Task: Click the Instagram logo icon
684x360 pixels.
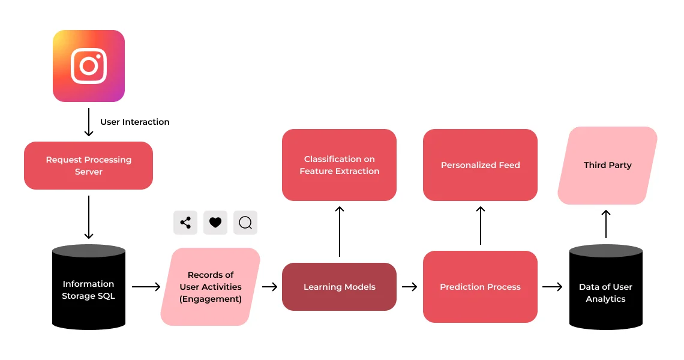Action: (89, 66)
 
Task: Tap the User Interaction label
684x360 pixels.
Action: (134, 122)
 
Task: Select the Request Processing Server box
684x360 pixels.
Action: (89, 166)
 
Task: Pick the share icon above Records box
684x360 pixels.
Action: (185, 223)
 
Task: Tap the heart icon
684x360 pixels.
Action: (215, 223)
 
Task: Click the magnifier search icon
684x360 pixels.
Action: (245, 223)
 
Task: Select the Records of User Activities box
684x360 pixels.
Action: (211, 287)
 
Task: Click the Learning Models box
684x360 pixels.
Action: (339, 287)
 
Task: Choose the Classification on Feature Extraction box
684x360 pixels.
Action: (339, 165)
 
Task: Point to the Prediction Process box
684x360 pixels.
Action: (480, 287)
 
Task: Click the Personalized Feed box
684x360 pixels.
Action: (480, 165)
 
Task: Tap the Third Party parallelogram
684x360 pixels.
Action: (607, 165)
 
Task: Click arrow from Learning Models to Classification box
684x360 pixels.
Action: (340, 231)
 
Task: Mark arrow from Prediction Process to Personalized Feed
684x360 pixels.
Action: (481, 226)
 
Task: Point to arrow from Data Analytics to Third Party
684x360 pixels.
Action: (606, 224)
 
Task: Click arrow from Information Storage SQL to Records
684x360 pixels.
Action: (146, 287)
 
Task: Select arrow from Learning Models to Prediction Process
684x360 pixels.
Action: (409, 287)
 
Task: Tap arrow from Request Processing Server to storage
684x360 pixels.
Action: (89, 217)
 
